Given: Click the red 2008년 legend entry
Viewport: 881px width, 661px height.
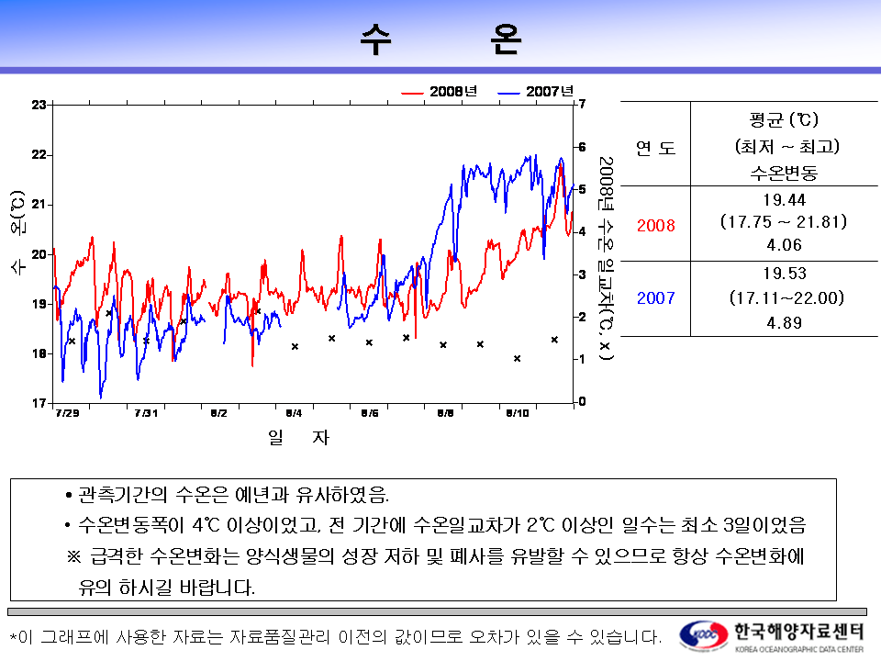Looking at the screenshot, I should [x=440, y=91].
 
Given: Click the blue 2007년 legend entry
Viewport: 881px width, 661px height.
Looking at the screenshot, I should [x=536, y=91].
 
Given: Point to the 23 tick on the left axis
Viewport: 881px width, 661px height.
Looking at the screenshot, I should [x=39, y=105].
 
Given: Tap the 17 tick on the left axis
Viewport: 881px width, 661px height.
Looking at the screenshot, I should [x=39, y=403].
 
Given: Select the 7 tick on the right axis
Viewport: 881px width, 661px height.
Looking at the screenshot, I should [x=581, y=104].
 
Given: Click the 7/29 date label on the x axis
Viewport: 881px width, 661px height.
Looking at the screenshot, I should [x=67, y=414].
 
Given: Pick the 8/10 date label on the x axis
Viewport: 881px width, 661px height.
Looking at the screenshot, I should [x=517, y=414].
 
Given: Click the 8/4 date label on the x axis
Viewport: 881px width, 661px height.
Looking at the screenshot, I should [x=294, y=414].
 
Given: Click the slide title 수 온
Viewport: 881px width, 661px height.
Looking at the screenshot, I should [x=440, y=39].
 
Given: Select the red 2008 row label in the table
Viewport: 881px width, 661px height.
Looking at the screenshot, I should [x=655, y=224].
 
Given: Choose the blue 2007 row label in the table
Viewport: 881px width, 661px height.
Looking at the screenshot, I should [x=655, y=298].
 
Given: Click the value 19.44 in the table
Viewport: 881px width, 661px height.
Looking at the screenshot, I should [x=783, y=199].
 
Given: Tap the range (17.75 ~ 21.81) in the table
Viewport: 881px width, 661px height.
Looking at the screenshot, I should [x=783, y=222].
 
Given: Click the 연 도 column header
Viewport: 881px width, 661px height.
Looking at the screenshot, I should [x=655, y=147].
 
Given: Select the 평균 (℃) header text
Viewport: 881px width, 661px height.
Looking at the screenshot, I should [x=783, y=120].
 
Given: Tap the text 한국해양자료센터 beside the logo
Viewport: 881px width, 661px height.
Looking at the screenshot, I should [x=797, y=631].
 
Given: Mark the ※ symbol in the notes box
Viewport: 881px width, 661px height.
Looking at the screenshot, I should [x=74, y=556].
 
